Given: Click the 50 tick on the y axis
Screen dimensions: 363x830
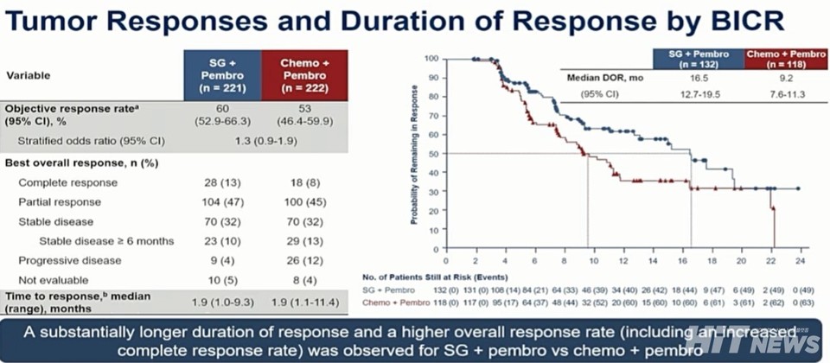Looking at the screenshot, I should click(433, 154).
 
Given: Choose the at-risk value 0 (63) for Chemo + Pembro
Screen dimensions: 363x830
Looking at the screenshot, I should click(799, 303).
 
